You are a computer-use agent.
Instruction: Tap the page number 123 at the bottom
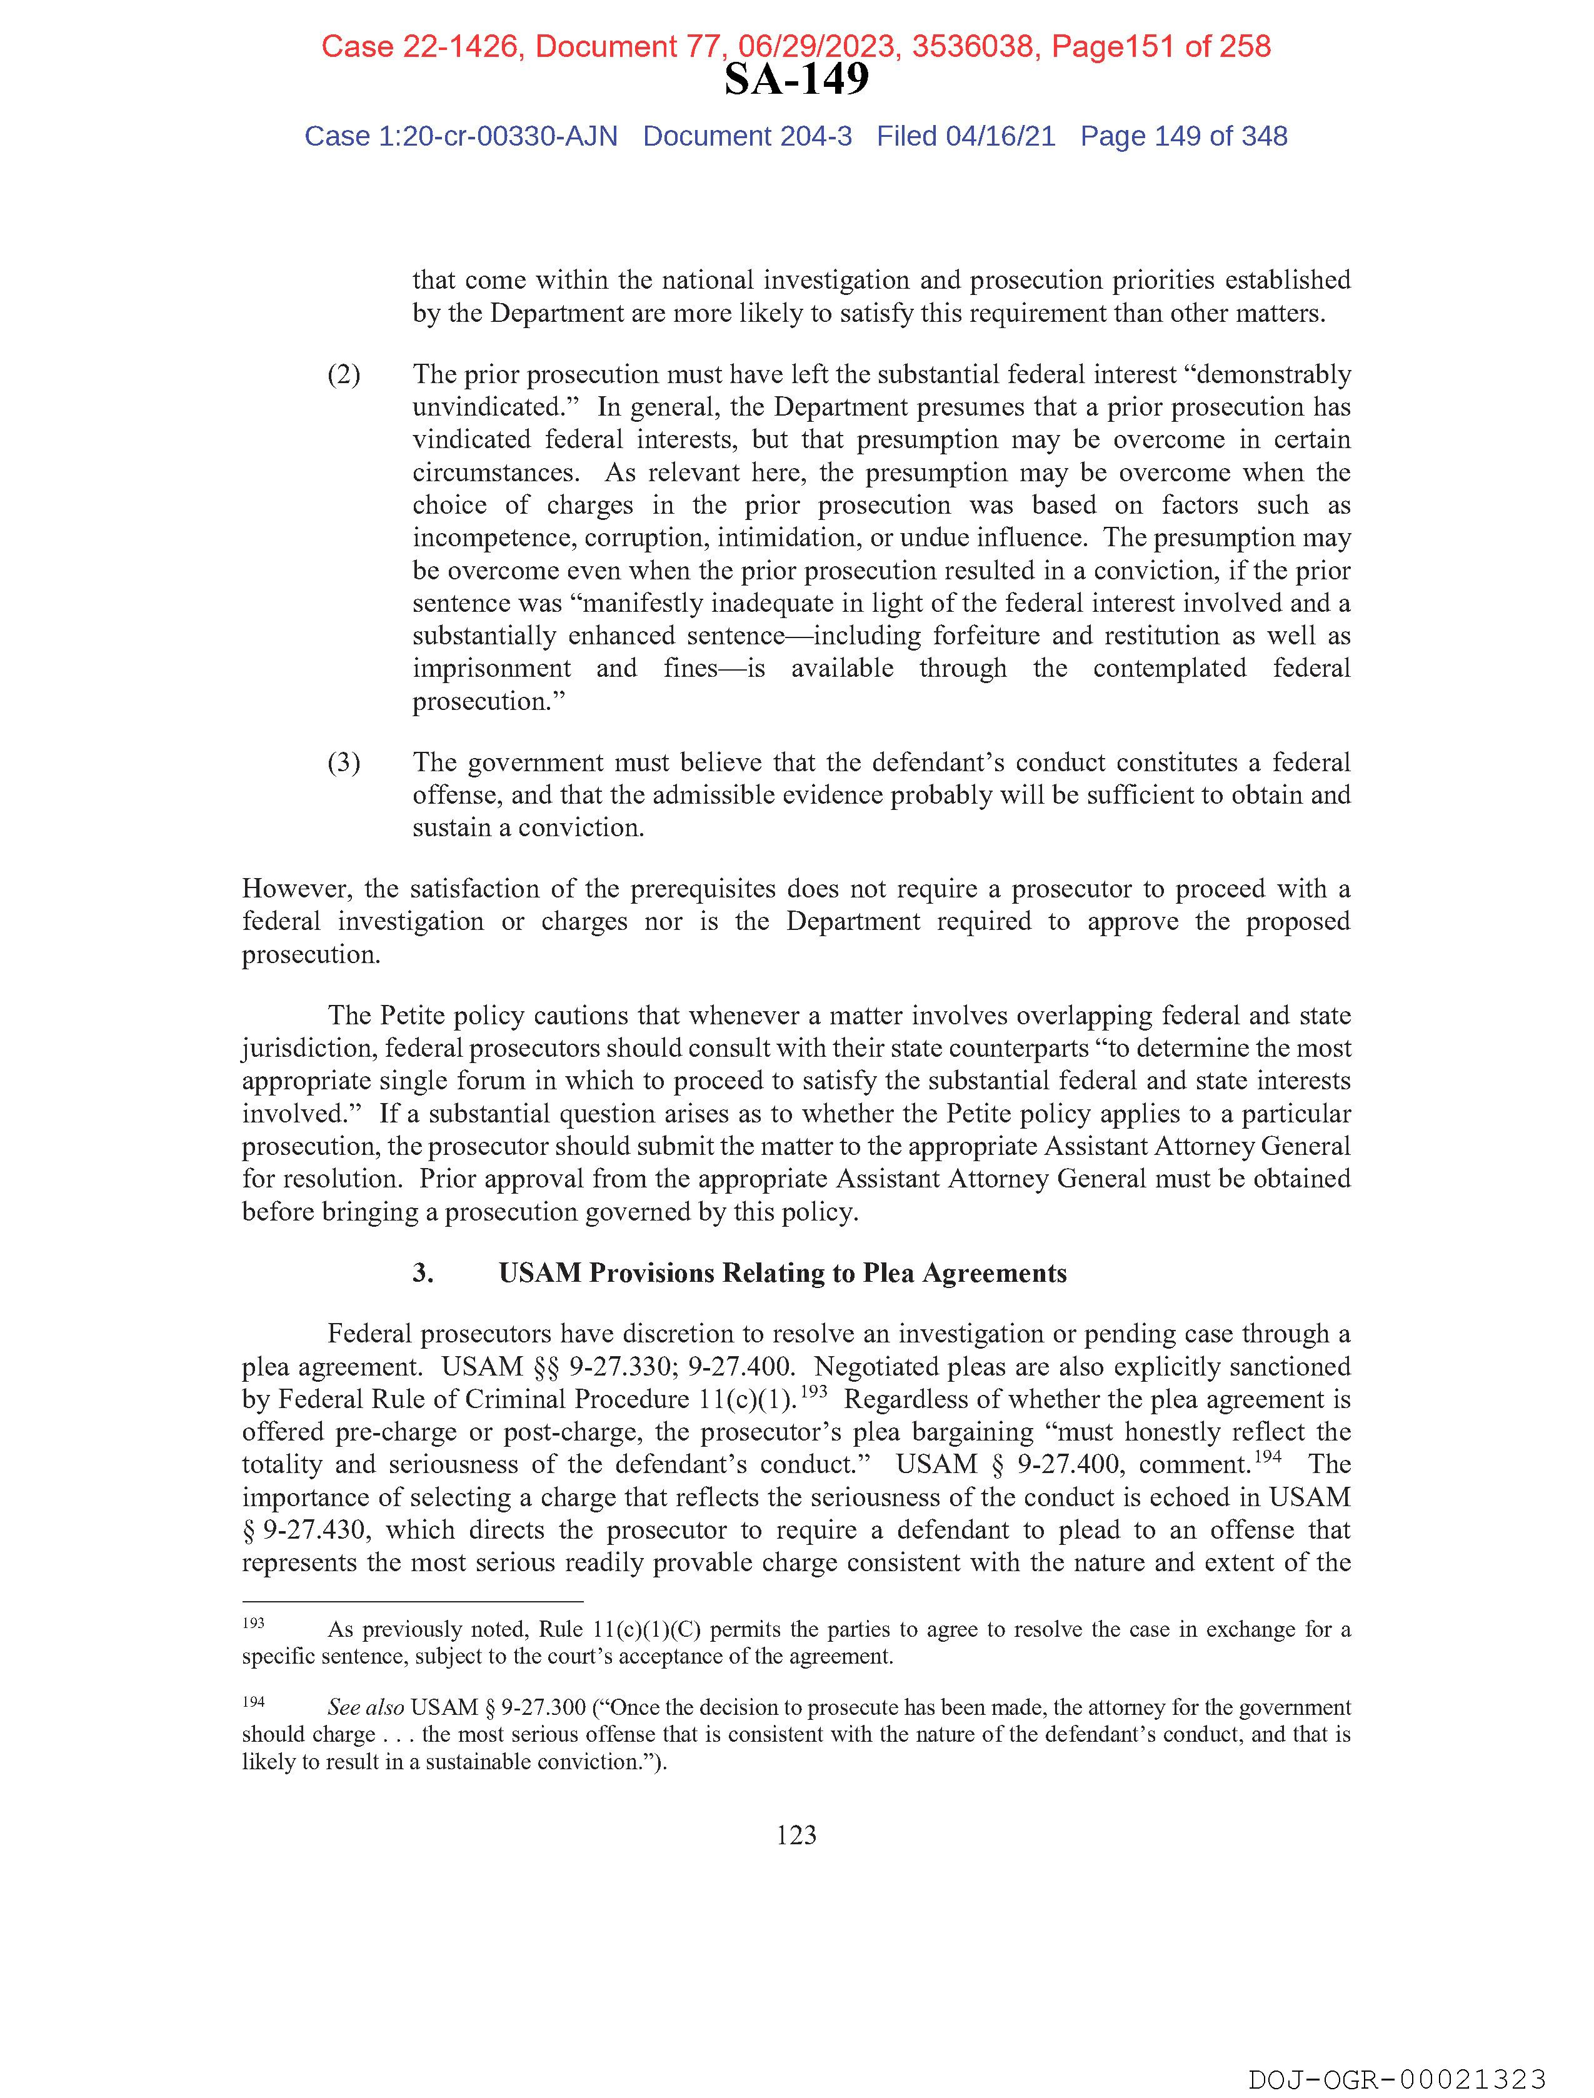point(795,1836)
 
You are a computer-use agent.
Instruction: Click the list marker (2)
point(343,374)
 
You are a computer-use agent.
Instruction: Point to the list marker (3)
point(343,762)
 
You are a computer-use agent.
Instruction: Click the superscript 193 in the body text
point(814,1391)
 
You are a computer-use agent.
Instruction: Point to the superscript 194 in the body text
point(1268,1456)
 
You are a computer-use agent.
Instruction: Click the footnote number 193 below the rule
point(253,1623)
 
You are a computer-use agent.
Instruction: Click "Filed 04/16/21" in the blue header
point(965,137)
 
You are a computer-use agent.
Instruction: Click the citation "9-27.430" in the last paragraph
point(310,1530)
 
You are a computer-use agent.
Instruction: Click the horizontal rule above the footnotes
point(412,1601)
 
